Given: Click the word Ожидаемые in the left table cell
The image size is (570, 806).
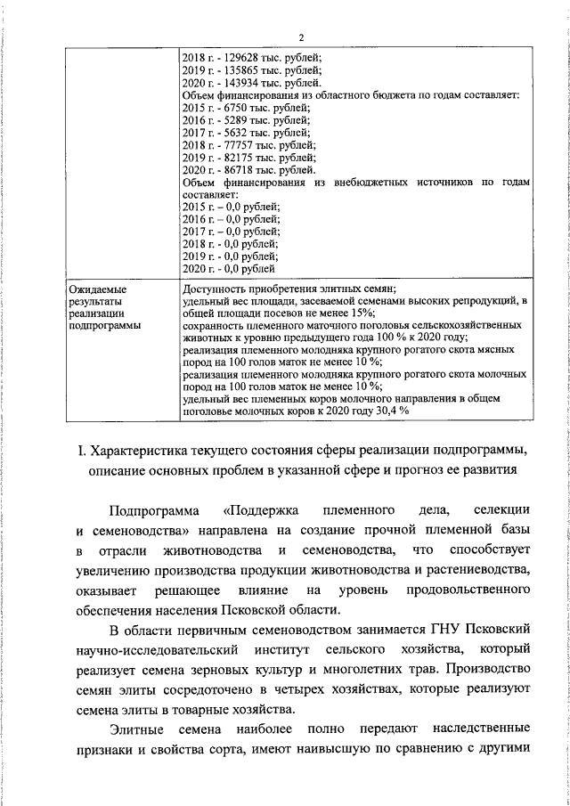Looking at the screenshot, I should coord(98,289).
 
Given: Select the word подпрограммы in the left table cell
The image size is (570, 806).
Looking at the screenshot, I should coord(104,326).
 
